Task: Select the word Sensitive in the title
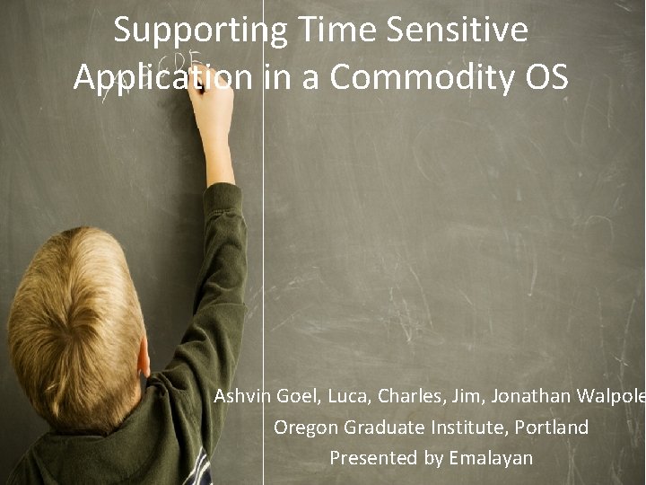[457, 31]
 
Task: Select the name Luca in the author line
[350, 396]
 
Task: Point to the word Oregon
[304, 428]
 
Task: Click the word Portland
[550, 428]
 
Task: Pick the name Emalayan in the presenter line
[491, 458]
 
